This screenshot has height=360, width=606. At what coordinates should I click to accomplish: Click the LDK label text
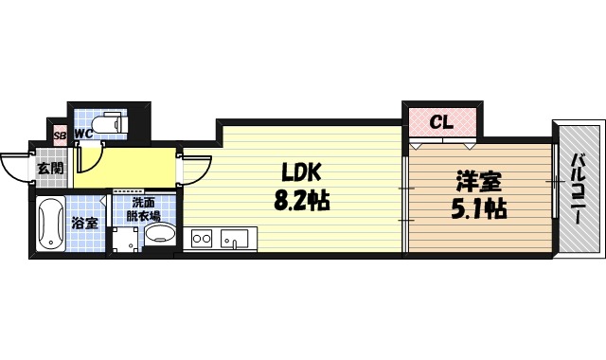click(x=302, y=171)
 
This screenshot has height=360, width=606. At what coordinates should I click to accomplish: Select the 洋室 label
click(x=478, y=180)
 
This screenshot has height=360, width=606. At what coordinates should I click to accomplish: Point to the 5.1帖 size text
click(x=478, y=208)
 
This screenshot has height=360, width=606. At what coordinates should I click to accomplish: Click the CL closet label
click(x=441, y=122)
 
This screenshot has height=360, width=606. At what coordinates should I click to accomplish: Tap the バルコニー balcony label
click(x=577, y=189)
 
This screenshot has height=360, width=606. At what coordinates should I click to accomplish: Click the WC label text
click(x=83, y=134)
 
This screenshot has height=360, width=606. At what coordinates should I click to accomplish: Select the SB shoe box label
click(x=60, y=135)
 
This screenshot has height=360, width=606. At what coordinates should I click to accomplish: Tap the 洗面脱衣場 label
click(x=145, y=208)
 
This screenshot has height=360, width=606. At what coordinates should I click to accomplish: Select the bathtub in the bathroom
click(x=51, y=225)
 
